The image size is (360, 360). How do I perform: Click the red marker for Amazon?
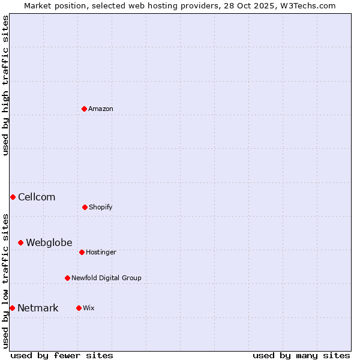84,109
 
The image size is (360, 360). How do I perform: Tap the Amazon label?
101,109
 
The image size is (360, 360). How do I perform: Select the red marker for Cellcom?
13,197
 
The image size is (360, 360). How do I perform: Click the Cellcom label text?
37,197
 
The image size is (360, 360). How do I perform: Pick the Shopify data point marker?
85,207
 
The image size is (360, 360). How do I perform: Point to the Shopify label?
101,208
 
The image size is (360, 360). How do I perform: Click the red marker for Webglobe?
20,242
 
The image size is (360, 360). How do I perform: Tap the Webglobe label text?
49,243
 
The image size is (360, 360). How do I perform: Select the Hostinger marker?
82,252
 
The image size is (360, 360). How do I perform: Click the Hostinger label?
101,253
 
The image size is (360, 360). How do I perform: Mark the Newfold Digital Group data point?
67,278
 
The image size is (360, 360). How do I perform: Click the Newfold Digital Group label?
106,278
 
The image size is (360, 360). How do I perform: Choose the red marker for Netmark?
12,308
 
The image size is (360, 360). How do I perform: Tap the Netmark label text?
38,308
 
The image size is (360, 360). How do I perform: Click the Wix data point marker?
79,308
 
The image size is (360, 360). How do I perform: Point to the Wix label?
89,308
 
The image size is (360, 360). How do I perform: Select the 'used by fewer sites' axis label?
62,355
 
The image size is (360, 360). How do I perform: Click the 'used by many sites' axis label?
301,355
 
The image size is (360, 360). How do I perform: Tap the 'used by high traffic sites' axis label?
6,85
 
